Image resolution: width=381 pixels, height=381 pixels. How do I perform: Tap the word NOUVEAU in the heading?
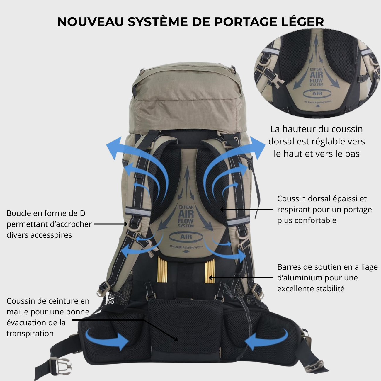(91, 22)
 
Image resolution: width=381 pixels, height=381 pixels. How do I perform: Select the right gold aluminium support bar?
(210, 271)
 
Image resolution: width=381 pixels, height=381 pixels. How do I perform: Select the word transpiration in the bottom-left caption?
(30, 334)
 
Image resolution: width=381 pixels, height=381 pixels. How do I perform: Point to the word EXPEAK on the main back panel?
(186, 207)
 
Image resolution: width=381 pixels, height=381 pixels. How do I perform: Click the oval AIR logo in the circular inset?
(317, 93)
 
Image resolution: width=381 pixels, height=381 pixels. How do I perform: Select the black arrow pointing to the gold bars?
(240, 278)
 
